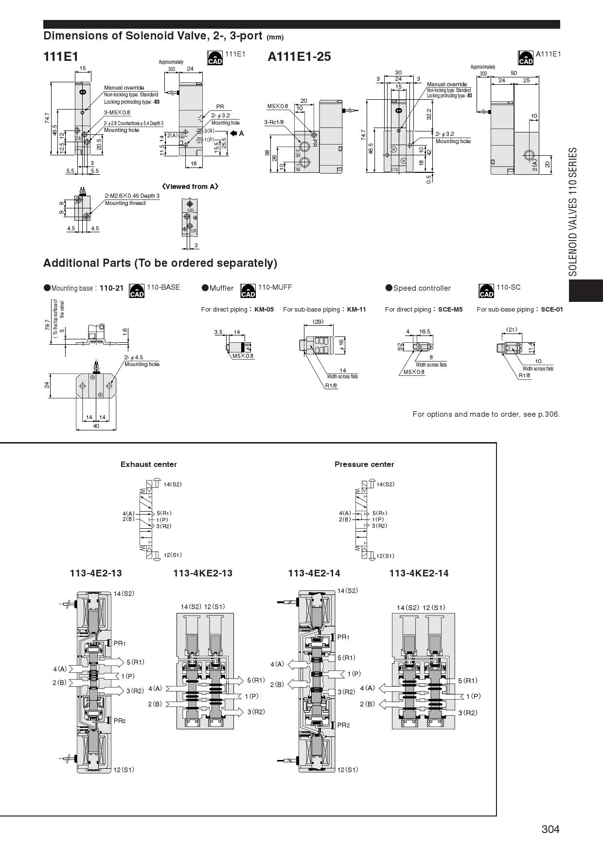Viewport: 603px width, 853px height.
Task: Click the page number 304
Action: (x=550, y=829)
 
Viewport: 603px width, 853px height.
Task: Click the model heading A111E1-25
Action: (x=299, y=56)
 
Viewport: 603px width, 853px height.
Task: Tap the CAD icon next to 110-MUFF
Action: (x=248, y=291)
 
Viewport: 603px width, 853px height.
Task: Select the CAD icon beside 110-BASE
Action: (x=137, y=291)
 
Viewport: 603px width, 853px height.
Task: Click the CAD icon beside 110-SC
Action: (x=486, y=291)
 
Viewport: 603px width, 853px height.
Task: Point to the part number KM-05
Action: (x=264, y=309)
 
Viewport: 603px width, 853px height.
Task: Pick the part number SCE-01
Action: (x=552, y=309)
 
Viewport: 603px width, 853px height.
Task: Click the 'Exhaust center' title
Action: (x=148, y=464)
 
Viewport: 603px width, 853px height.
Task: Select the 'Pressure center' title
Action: (x=364, y=464)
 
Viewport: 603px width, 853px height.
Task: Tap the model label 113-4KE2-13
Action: (x=203, y=573)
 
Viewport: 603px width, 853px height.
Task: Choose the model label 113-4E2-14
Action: (x=314, y=573)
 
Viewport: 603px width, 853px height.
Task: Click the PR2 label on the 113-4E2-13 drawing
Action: (x=120, y=721)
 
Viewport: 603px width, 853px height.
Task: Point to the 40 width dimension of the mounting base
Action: (x=96, y=426)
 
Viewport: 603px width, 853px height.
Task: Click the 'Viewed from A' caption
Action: (x=190, y=186)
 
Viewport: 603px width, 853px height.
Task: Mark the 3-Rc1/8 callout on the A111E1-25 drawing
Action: (x=274, y=122)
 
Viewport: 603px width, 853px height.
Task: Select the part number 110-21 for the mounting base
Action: (x=111, y=288)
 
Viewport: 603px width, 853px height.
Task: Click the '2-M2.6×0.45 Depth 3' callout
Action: (x=132, y=196)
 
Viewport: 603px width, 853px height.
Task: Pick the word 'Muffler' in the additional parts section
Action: (x=221, y=288)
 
